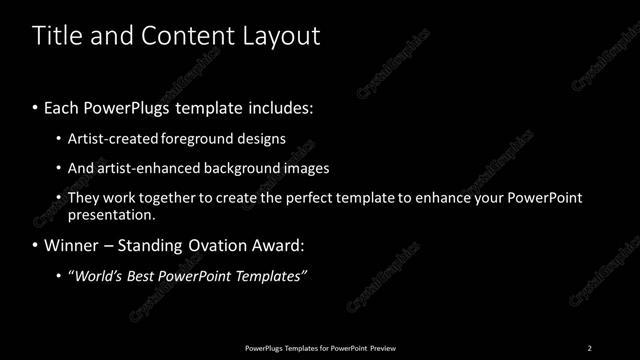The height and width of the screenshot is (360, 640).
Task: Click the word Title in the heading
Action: pyautogui.click(x=55, y=37)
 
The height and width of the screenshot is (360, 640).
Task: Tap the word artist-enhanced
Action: pyautogui.click(x=145, y=168)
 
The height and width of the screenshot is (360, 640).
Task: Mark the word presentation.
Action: pyautogui.click(x=111, y=214)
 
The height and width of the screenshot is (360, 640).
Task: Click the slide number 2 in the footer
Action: pyautogui.click(x=589, y=348)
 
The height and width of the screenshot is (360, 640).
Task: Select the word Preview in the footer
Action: pyautogui.click(x=383, y=348)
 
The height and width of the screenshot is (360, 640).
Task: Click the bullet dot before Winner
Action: pyautogui.click(x=36, y=246)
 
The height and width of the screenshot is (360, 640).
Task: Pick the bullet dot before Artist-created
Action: pyautogui.click(x=59, y=140)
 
